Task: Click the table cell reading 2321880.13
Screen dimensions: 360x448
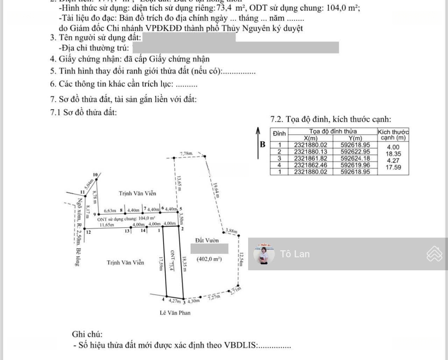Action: tap(310, 152)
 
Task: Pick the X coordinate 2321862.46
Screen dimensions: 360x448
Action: tap(310, 165)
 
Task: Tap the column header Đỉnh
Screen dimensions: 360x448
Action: tap(280, 133)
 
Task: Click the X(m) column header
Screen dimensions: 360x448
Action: tap(310, 138)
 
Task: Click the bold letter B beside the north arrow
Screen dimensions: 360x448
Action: tap(263, 144)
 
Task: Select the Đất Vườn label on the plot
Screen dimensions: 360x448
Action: tap(207, 240)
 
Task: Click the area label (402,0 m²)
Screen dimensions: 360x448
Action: tap(210, 259)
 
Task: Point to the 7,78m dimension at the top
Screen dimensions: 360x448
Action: tap(187, 154)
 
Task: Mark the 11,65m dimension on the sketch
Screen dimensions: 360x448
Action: tap(107, 225)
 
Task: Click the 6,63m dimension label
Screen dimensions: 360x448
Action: tap(110, 211)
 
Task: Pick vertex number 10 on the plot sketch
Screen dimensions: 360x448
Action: tap(95, 174)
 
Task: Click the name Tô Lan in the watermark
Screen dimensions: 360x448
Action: tap(295, 254)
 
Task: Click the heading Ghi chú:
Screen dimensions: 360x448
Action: tap(87, 334)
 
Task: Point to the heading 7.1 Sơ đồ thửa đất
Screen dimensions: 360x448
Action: tap(83, 112)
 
